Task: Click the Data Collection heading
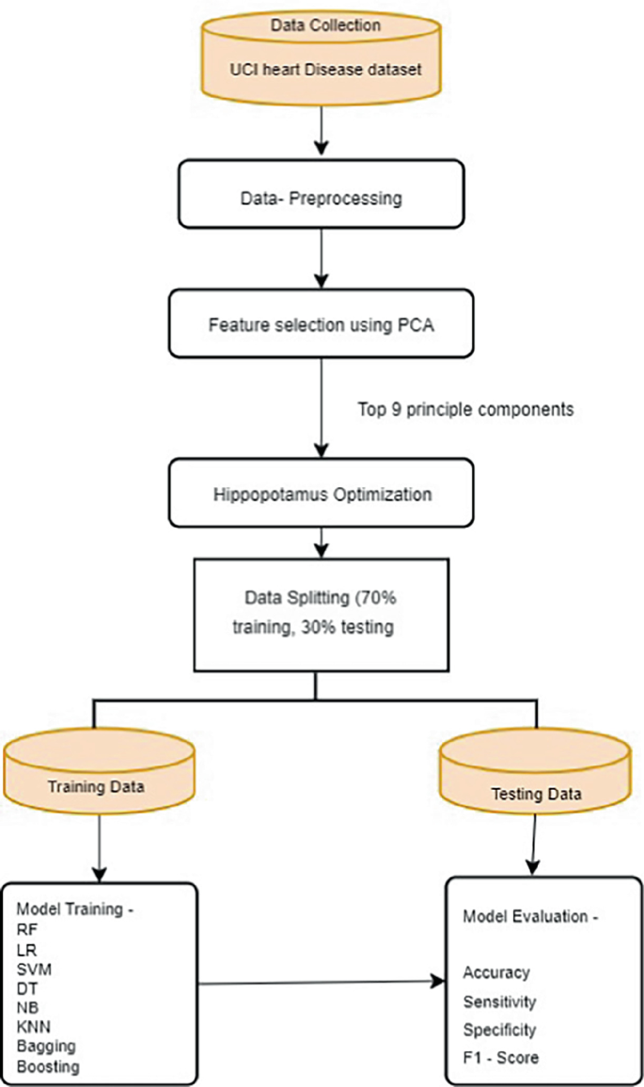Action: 324,24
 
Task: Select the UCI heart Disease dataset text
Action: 324,70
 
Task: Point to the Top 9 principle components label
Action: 465,410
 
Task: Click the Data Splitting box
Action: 316,614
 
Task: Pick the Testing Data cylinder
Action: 536,780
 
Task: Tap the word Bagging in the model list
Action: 44,1046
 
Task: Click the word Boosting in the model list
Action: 48,1065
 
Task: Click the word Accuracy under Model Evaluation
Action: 495,972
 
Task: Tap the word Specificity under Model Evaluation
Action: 499,1030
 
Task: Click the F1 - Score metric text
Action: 500,1058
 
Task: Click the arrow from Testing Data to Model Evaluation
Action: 534,842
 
